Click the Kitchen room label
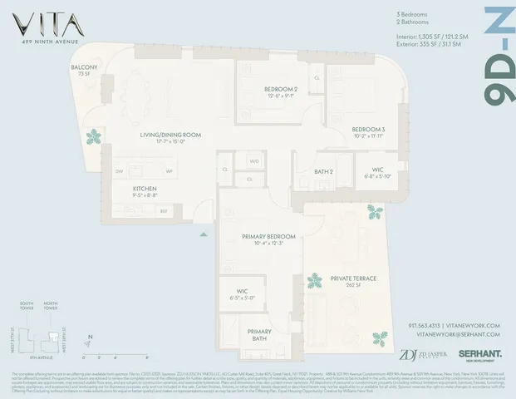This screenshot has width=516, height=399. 145,190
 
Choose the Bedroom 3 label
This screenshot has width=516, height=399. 367,131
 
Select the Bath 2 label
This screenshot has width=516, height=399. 324,172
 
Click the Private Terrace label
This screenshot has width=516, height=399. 354,278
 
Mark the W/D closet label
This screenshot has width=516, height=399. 254,161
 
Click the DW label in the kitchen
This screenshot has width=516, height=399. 119,171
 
